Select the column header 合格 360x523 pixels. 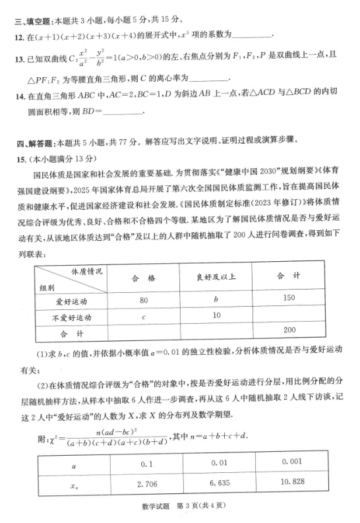(144, 278)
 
